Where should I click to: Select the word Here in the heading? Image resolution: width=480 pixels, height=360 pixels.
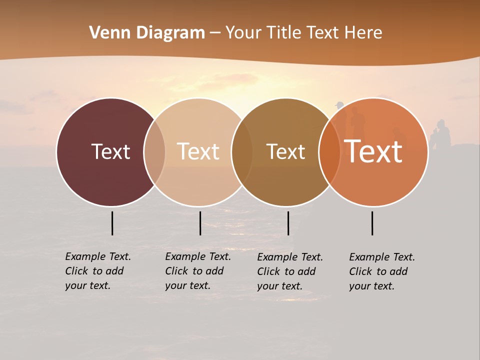[363, 33]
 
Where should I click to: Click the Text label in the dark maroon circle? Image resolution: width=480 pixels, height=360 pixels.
[110, 151]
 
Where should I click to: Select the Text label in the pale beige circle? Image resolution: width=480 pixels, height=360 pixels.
[198, 151]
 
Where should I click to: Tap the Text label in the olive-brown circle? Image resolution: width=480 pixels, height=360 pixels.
[285, 151]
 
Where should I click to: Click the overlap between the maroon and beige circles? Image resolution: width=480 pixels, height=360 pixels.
[154, 152]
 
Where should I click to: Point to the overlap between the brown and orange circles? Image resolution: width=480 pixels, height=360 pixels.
[329, 152]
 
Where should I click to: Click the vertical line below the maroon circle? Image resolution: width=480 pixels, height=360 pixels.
[112, 223]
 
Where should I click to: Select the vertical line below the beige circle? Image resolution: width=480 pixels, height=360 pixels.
[200, 223]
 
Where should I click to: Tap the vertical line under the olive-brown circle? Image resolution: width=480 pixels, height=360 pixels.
[288, 223]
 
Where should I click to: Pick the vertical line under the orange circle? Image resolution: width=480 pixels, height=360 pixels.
[372, 223]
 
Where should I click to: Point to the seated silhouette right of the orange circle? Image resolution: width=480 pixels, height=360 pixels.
[441, 134]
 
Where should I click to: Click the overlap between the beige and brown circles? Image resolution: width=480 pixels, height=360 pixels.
[242, 152]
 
